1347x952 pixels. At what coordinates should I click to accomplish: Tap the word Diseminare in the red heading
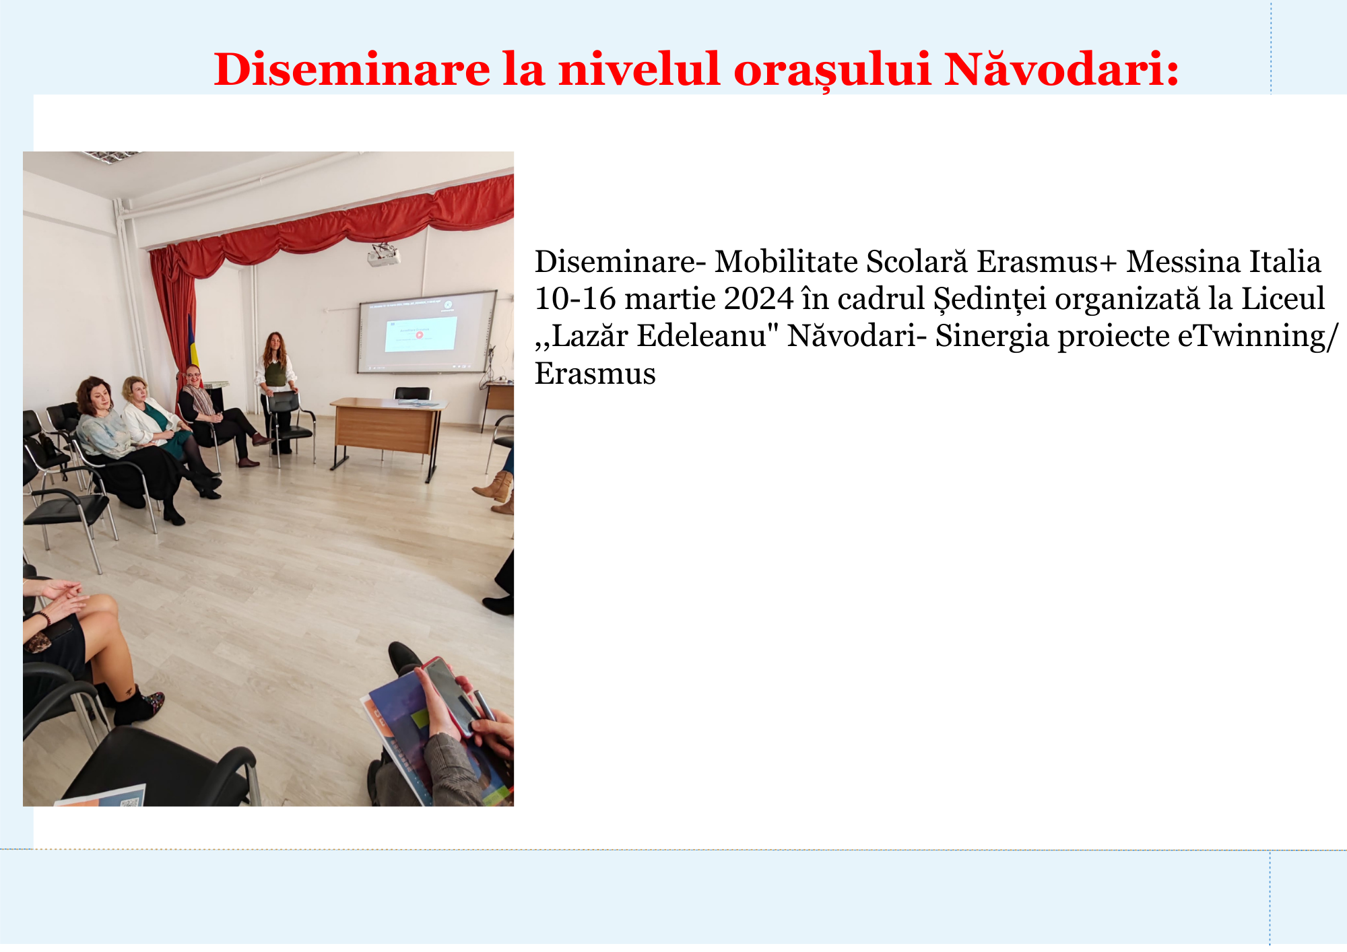(x=352, y=69)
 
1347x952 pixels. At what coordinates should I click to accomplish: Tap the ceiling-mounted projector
(x=384, y=255)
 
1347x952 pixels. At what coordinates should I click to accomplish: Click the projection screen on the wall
(x=426, y=332)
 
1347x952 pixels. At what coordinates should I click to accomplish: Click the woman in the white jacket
(x=162, y=431)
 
